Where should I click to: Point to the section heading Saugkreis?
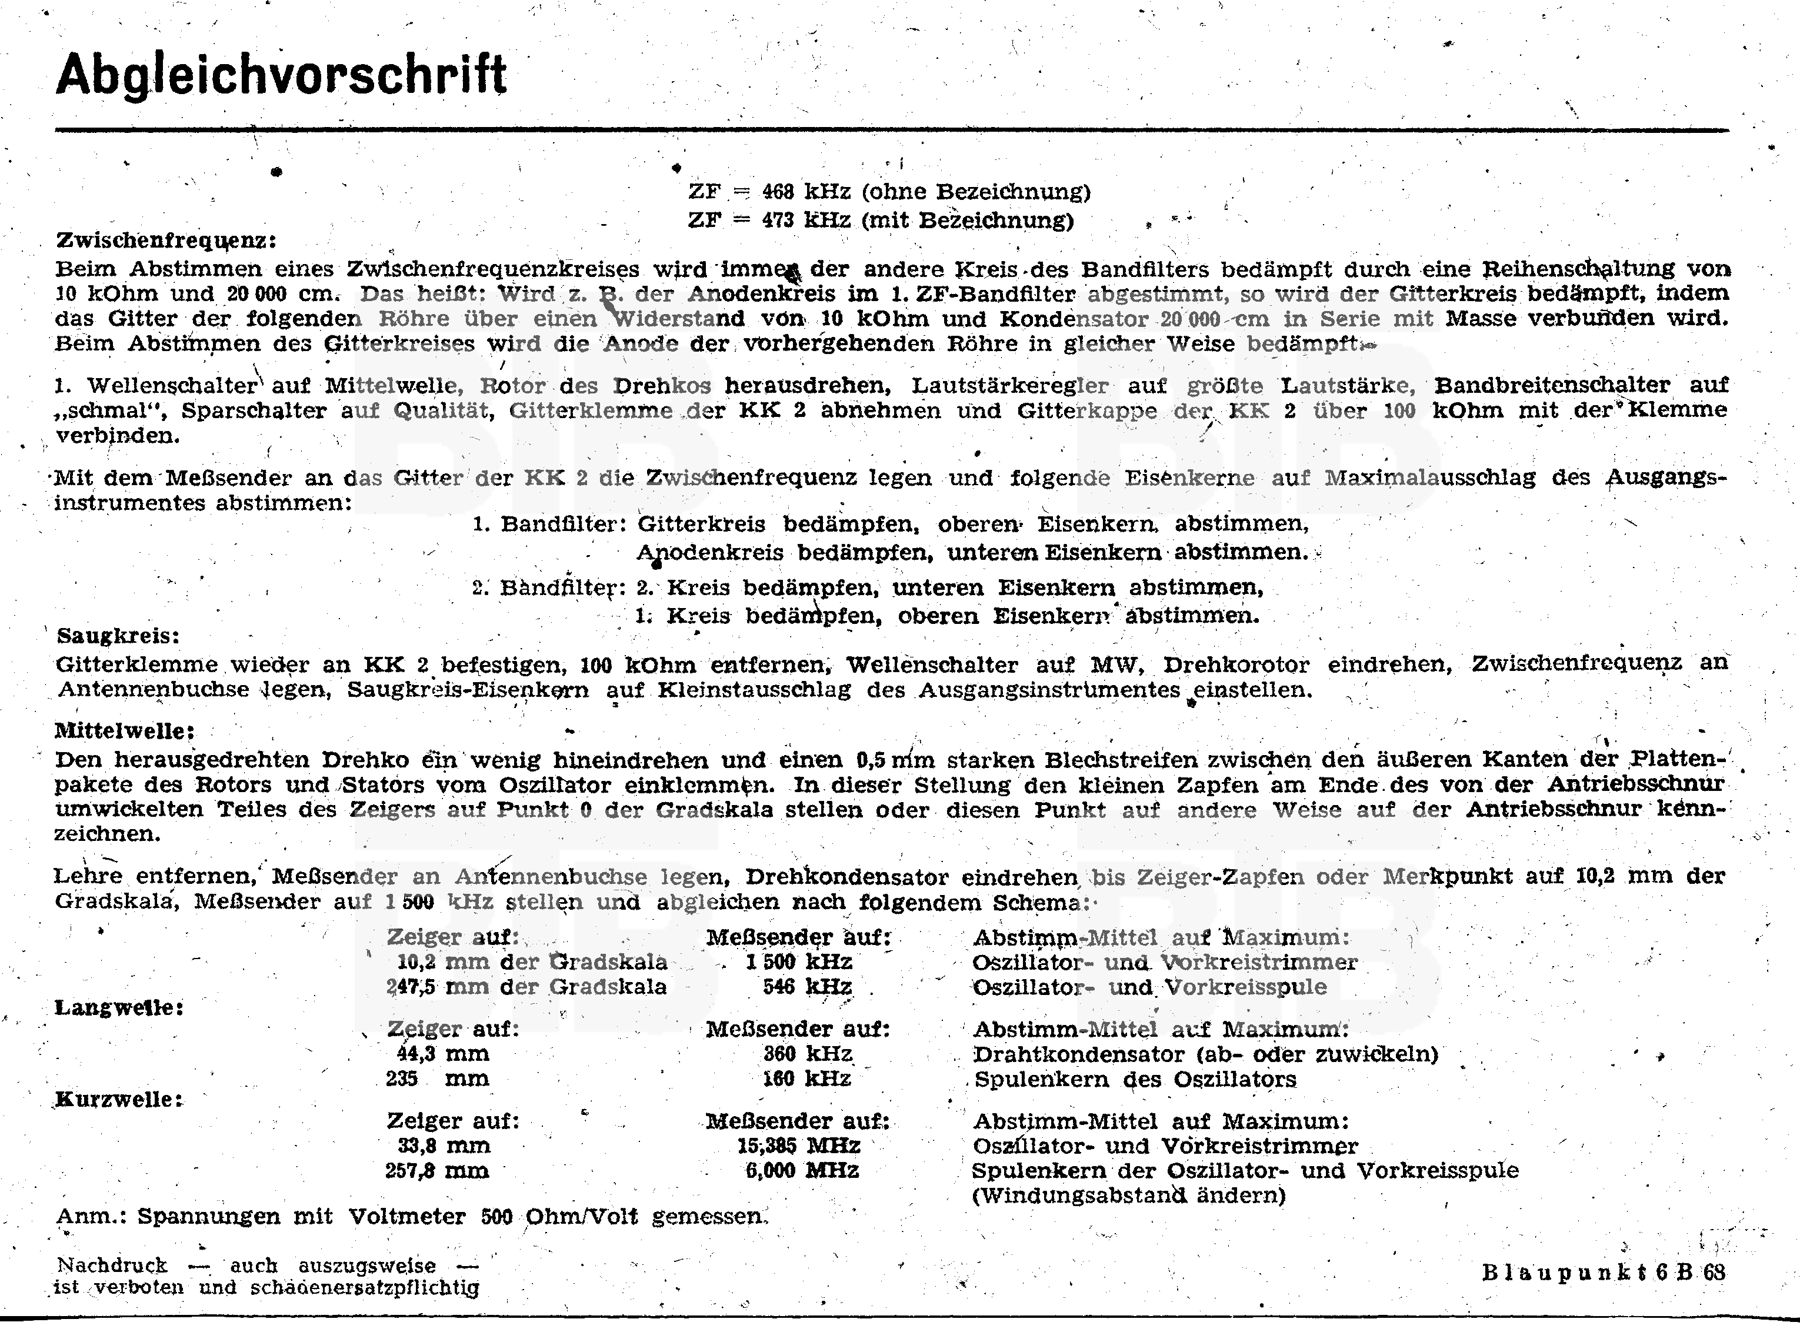point(118,636)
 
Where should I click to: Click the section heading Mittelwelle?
point(125,732)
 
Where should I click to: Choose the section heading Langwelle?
point(118,1008)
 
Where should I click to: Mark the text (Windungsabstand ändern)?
point(1128,1196)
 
